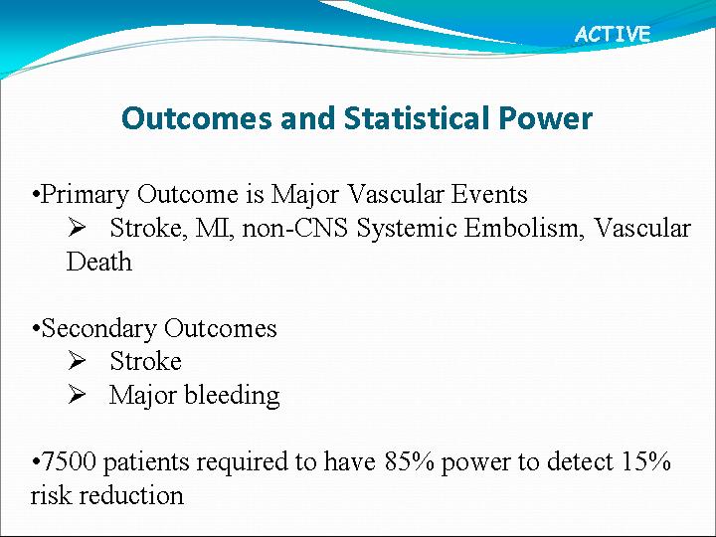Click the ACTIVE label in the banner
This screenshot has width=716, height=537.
coord(613,34)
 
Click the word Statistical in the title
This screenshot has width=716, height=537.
coord(418,117)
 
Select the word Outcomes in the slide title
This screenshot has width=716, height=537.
coord(197,117)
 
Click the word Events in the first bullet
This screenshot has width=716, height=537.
coord(489,194)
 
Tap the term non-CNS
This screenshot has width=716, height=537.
coord(295,228)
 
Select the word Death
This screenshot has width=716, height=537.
coord(99,262)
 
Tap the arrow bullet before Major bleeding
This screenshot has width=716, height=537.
coord(77,394)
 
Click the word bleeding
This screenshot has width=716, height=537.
coord(232,395)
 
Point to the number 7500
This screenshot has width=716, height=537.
coord(69,461)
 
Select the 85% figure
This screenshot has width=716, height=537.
coord(409,461)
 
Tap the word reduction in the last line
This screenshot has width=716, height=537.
coord(131,495)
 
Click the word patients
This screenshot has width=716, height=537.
coord(146,462)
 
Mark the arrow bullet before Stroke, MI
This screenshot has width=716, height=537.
coord(77,228)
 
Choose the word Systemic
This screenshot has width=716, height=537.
coord(407,229)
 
